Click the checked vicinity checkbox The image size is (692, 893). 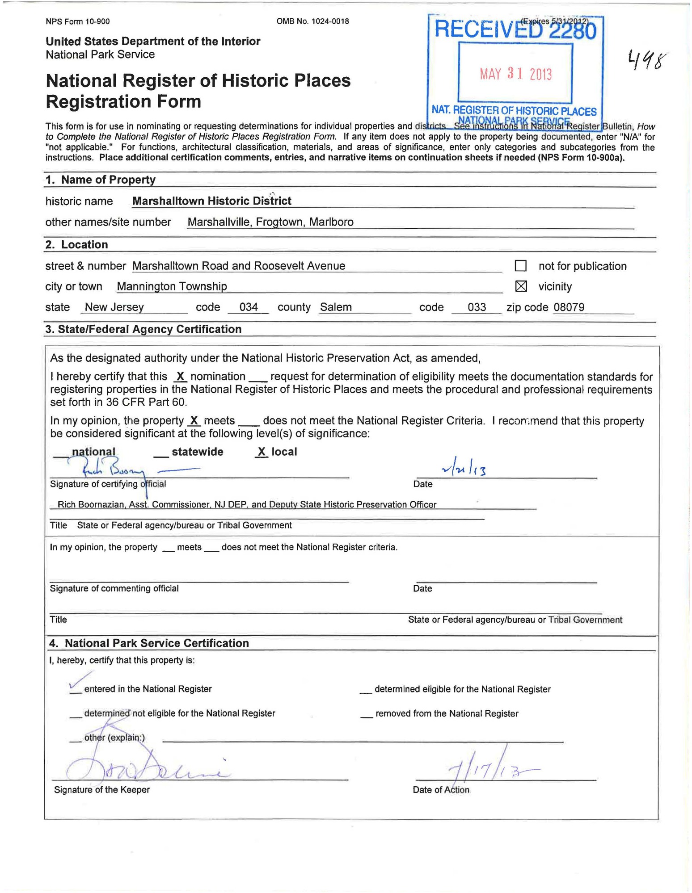point(521,286)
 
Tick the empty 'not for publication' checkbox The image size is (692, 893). point(521,266)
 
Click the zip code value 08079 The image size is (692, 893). point(569,307)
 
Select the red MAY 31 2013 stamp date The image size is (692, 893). point(516,74)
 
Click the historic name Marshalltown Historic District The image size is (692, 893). point(212,201)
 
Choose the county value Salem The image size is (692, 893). point(336,307)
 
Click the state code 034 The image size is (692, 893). point(249,307)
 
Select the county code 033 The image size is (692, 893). point(477,307)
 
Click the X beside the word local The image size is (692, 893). point(262,452)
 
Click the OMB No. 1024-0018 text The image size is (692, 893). point(312,21)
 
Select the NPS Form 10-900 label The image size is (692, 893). point(77,21)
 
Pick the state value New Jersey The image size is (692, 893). point(114,307)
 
